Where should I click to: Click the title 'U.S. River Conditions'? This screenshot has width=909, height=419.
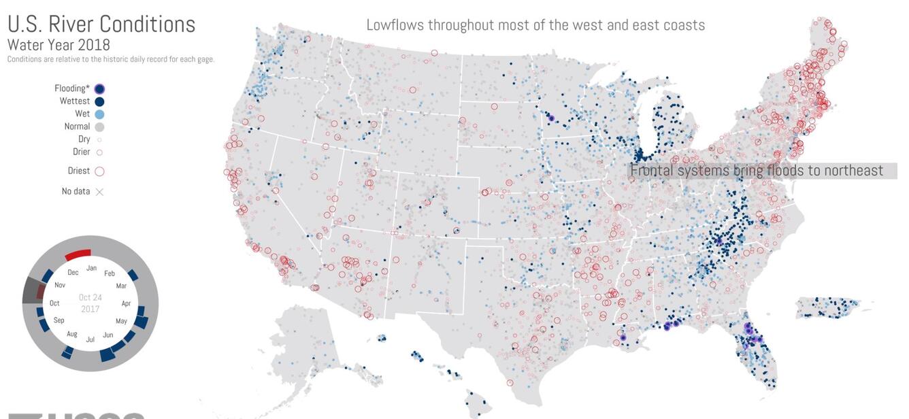click(101, 24)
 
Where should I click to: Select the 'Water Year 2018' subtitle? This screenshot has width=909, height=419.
click(59, 45)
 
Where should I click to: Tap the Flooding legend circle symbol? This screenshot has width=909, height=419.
click(100, 88)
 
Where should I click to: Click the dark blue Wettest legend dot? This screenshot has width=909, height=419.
click(100, 101)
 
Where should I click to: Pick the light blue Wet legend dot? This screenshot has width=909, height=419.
click(100, 114)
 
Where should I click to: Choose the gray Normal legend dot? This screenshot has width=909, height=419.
click(100, 127)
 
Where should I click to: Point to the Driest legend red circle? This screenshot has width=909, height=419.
click(99, 171)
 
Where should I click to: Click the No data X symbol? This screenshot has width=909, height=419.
click(99, 192)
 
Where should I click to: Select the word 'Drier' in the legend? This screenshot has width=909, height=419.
click(81, 152)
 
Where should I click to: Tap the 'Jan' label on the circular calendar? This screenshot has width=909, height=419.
click(91, 269)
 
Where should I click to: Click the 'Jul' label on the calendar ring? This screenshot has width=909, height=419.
click(90, 339)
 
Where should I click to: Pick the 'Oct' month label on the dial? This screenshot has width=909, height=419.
click(54, 303)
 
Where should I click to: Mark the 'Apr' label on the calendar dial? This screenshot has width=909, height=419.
click(126, 303)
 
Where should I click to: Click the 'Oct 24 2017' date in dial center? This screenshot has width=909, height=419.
click(90, 303)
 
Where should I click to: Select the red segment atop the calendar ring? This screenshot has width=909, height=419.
click(78, 255)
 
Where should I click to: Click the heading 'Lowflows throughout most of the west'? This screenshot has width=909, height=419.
click(535, 25)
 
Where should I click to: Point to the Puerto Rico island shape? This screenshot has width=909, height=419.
click(833, 307)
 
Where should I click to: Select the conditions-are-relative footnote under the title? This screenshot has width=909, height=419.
click(111, 59)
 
